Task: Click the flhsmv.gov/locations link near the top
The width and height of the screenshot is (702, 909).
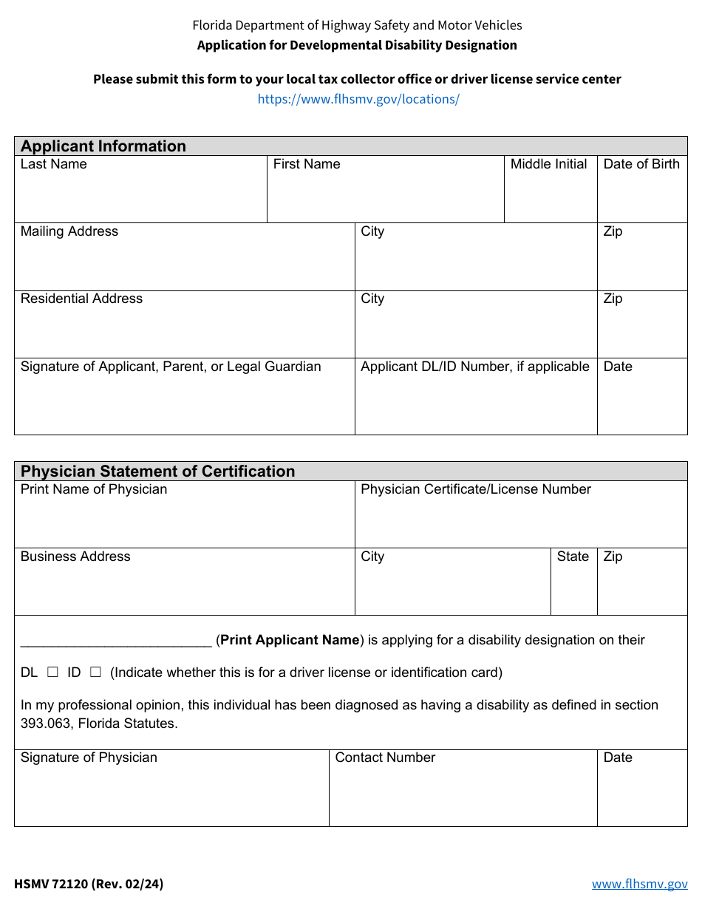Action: point(358,99)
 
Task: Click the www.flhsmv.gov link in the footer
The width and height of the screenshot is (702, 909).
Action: point(639,884)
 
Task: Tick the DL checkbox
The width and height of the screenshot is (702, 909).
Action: point(52,673)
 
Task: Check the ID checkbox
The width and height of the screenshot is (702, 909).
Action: point(95,673)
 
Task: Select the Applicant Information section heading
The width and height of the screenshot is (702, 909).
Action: point(103,146)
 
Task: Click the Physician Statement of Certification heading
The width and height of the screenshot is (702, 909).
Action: point(157,471)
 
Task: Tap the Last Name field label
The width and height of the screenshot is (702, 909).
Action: point(54,164)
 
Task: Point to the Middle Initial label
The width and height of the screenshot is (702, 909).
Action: point(548,164)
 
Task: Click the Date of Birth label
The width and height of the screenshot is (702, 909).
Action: point(641,164)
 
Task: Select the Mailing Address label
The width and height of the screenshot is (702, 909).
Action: point(69,231)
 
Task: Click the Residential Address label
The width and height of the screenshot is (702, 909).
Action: point(81,299)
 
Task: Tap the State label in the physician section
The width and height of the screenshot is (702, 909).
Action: point(573,556)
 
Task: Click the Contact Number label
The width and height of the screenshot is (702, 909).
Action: point(385,757)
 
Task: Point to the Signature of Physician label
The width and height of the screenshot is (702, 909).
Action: point(89,757)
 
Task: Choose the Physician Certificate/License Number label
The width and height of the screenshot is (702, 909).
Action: point(476,489)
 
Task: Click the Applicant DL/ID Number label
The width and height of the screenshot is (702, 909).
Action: point(475,367)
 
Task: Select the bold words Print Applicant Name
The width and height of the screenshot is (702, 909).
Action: point(290,640)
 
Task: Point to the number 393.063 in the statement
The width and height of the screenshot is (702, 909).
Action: point(45,724)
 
